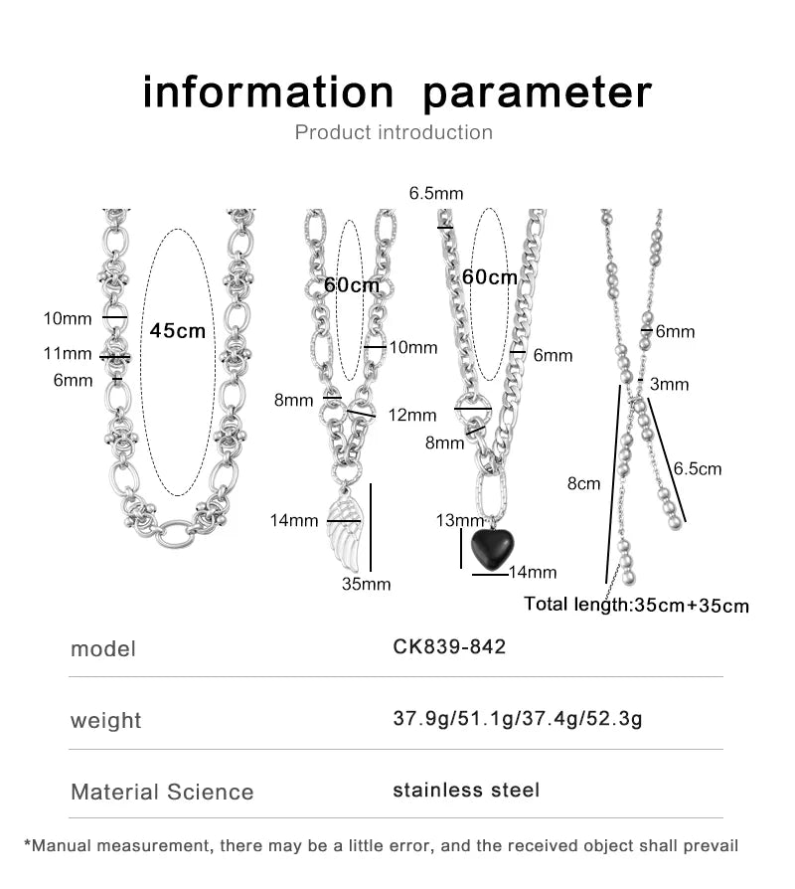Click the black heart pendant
(493, 548)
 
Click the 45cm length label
(177, 330)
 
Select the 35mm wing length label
(366, 584)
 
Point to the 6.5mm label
(436, 193)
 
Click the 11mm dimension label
(68, 354)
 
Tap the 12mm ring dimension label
(412, 415)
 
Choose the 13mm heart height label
(460, 520)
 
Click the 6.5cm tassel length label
(698, 469)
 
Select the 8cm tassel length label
(583, 483)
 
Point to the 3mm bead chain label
(669, 385)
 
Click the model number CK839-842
(449, 647)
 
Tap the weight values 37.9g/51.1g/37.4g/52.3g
(518, 719)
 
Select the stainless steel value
(466, 790)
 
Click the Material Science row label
(162, 793)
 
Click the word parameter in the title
(538, 93)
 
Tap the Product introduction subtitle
(394, 132)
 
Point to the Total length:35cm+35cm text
(636, 605)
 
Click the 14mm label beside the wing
(294, 520)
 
